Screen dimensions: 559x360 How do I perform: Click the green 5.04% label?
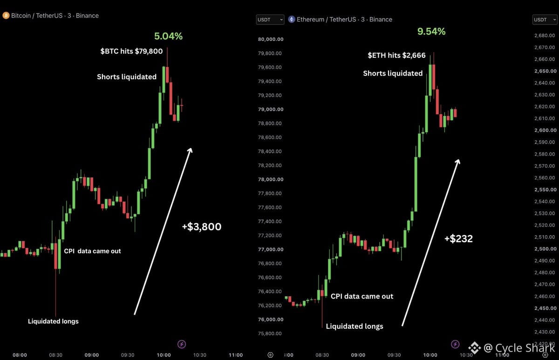[x=169, y=36]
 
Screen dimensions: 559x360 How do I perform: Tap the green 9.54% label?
[x=431, y=31]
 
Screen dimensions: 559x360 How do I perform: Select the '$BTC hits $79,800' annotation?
[x=131, y=51]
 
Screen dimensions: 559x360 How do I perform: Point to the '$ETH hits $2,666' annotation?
[x=396, y=55]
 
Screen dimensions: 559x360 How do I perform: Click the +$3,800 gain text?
[x=202, y=226]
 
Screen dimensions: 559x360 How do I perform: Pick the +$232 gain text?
[x=459, y=238]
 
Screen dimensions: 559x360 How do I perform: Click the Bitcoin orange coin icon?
[x=6, y=15]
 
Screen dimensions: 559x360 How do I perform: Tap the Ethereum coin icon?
[x=292, y=19]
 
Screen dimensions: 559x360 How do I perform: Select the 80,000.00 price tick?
[x=271, y=39]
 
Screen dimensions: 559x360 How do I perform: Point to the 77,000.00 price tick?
[x=271, y=249]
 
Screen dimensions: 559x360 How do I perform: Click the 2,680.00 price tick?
[x=545, y=35]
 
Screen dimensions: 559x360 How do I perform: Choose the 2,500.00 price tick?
[x=545, y=249]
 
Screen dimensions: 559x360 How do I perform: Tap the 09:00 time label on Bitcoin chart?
[x=92, y=355]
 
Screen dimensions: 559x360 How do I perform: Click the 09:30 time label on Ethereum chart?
[x=394, y=355]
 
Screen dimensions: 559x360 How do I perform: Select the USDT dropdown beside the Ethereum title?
[x=270, y=20]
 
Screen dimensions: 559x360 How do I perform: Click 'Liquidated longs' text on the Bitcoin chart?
[x=53, y=321]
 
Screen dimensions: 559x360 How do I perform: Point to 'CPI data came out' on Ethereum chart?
[x=362, y=296]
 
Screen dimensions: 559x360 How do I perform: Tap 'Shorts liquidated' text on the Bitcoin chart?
[x=127, y=76]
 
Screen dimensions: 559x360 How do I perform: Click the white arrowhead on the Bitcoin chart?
[x=191, y=150]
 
